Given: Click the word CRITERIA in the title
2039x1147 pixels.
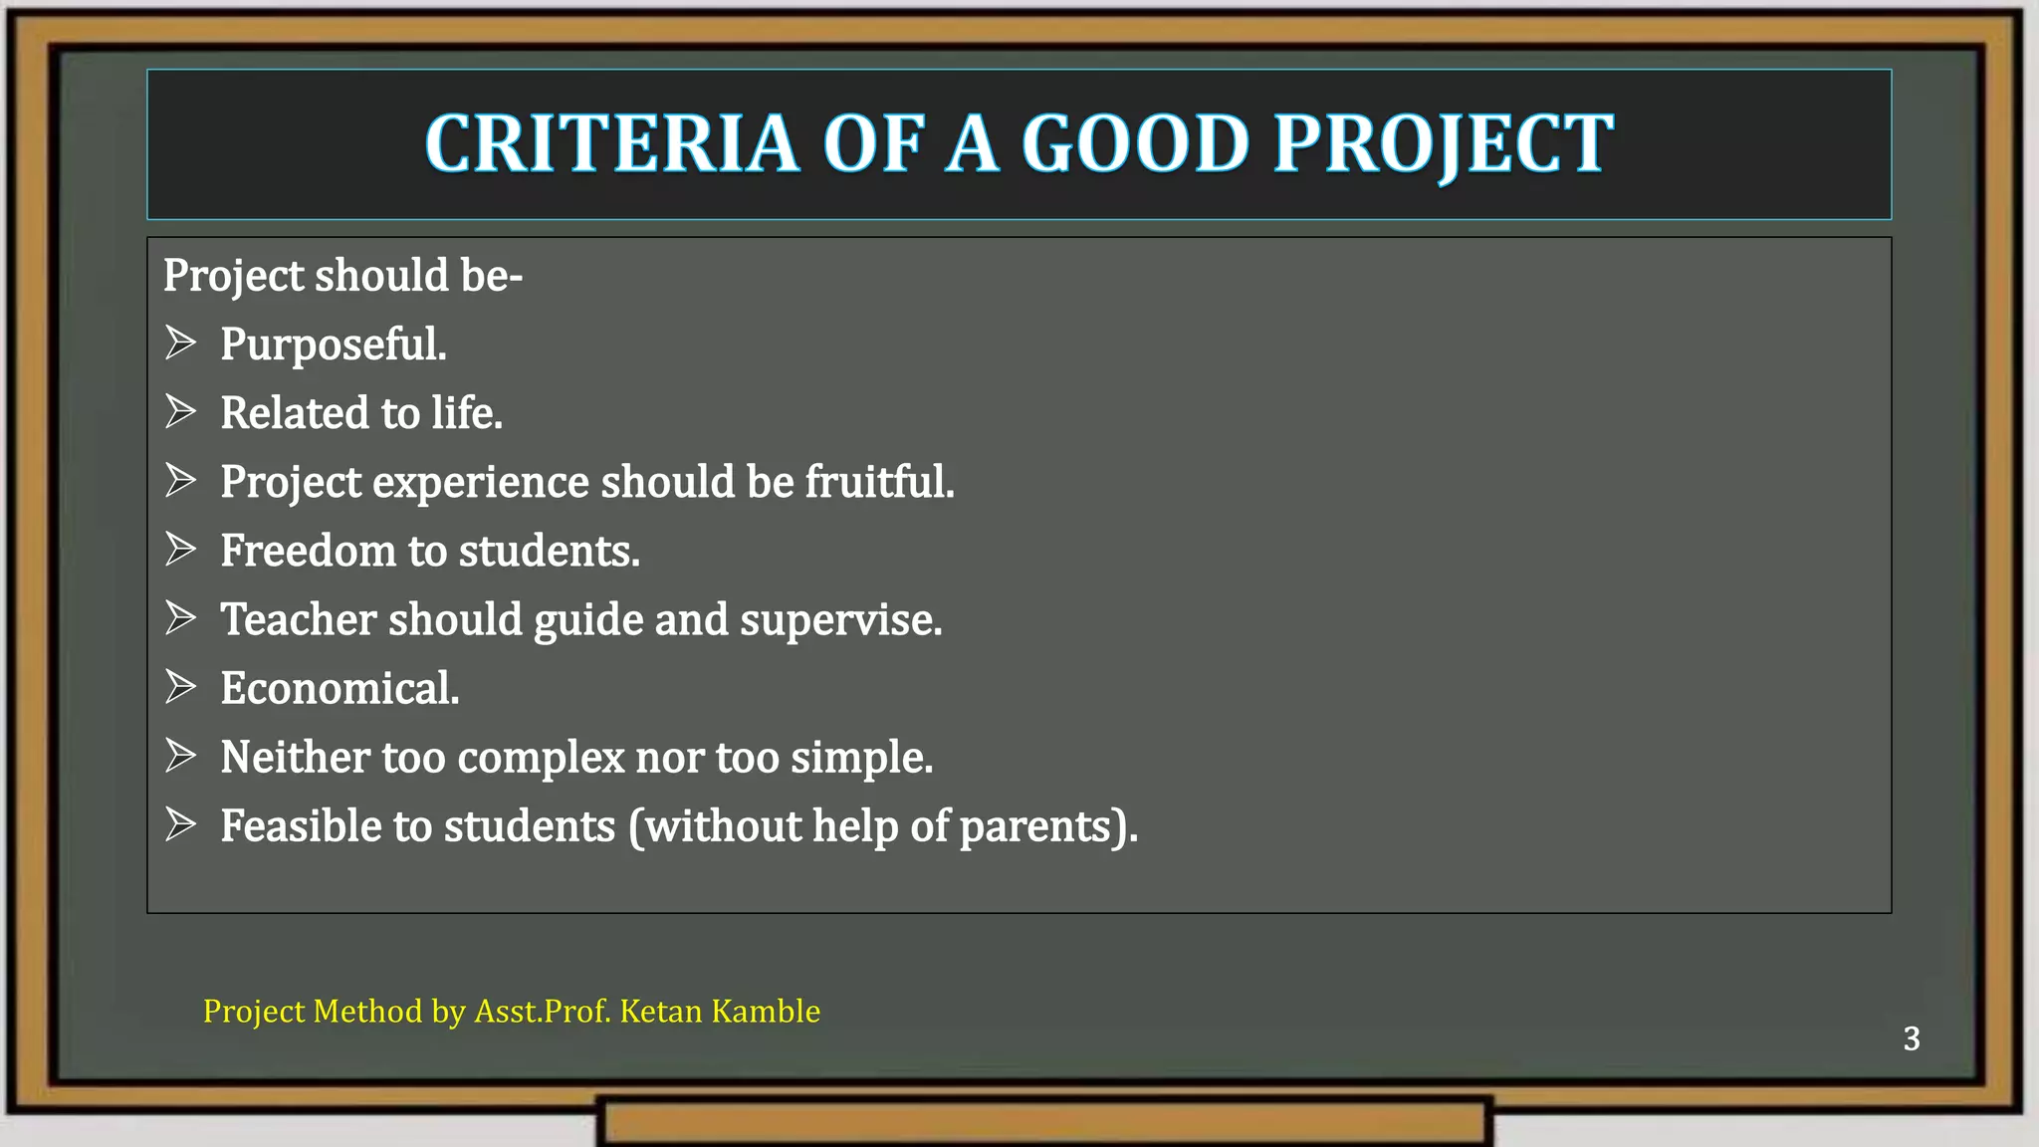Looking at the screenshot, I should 611,144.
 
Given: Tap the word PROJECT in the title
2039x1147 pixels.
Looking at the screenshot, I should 1444,144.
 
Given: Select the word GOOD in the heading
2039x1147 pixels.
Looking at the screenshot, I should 1135,144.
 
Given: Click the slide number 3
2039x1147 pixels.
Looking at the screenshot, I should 1912,1038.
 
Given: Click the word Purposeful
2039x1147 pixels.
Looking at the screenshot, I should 334,344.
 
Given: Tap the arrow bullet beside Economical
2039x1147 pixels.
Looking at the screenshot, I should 180,687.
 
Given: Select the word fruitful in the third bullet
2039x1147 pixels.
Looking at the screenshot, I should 879,482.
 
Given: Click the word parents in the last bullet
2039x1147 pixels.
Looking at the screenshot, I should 1043,827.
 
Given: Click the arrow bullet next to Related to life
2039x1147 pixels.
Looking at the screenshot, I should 180,411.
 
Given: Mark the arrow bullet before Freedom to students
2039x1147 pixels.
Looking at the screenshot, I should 180,549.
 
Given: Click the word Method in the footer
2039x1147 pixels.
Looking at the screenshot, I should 367,1011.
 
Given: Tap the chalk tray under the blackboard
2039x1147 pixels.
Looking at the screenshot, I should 1045,1122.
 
